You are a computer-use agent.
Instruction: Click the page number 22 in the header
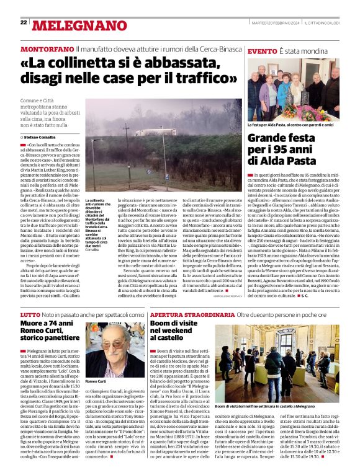[24, 22]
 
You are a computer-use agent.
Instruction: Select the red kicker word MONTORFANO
[47, 48]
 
